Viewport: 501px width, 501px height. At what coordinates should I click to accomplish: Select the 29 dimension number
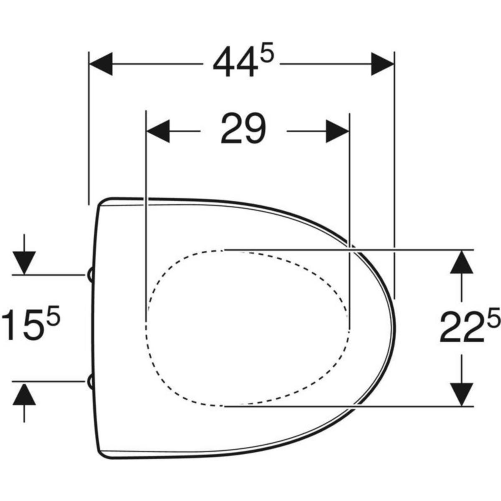(x=243, y=129)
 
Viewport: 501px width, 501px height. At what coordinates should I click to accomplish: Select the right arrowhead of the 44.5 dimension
(x=382, y=64)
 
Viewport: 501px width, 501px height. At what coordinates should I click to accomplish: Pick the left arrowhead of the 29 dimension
(x=158, y=131)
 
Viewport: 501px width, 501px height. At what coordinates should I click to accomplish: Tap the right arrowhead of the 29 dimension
(x=337, y=131)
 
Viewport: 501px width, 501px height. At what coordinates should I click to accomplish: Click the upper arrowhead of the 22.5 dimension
(x=461, y=261)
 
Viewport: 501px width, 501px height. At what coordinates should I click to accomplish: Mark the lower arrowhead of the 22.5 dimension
(x=461, y=394)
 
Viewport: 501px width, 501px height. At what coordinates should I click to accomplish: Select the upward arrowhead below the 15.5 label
(x=24, y=394)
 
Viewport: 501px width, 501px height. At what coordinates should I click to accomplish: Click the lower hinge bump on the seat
(x=91, y=381)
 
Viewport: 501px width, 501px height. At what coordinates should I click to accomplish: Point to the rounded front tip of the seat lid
(x=394, y=328)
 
